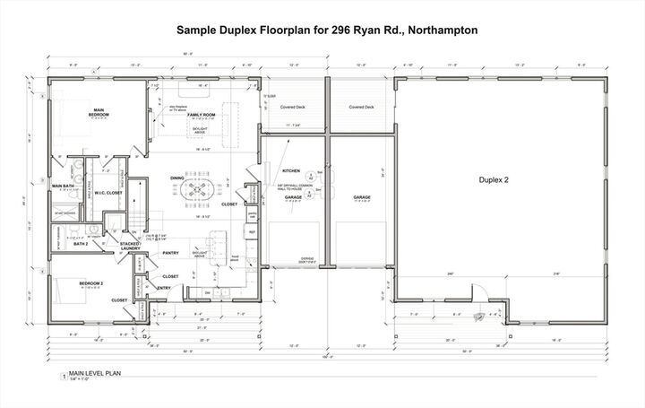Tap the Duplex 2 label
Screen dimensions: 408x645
[494, 180]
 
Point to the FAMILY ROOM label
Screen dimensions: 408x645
[201, 116]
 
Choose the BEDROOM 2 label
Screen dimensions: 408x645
[91, 283]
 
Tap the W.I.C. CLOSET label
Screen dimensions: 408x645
[108, 191]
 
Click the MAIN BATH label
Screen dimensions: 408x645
[63, 187]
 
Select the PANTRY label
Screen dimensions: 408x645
[171, 253]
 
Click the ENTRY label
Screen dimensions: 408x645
[163, 288]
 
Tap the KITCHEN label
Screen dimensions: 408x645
[291, 170]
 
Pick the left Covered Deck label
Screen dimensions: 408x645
[292, 107]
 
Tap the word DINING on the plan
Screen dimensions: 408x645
[177, 178]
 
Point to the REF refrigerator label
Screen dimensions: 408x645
[253, 232]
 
